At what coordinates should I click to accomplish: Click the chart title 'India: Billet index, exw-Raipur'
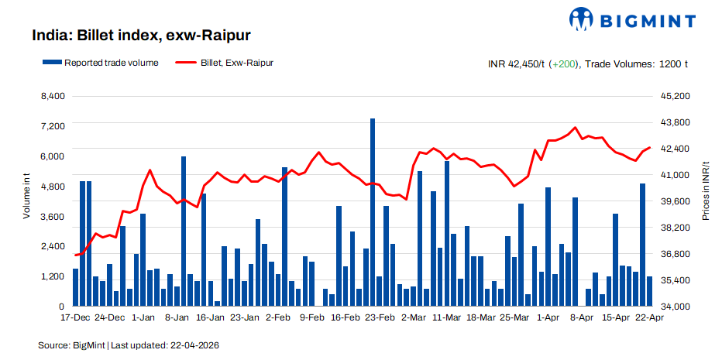pyautogui.click(x=141, y=36)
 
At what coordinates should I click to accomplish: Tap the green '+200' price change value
pyautogui.click(x=563, y=63)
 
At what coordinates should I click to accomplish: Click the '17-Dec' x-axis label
pyautogui.click(x=75, y=317)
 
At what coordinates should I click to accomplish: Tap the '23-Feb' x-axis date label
pyautogui.click(x=380, y=317)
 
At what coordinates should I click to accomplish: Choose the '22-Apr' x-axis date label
pyautogui.click(x=648, y=317)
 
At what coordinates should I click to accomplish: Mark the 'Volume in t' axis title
pyautogui.click(x=26, y=197)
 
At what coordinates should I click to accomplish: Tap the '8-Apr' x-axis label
pyautogui.click(x=581, y=317)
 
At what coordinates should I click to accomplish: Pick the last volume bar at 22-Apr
pyautogui.click(x=649, y=291)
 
